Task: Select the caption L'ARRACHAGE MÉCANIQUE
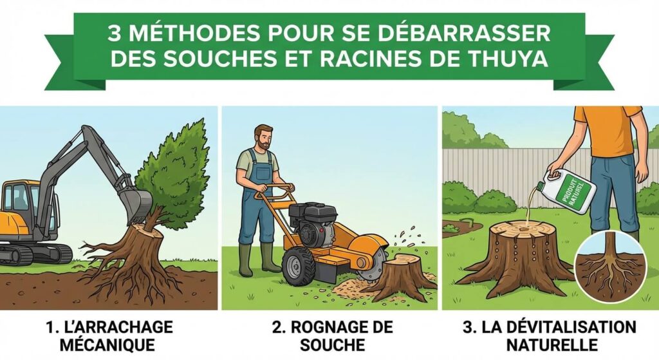pyautogui.click(x=110, y=336)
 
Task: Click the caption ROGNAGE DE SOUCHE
pyautogui.click(x=329, y=336)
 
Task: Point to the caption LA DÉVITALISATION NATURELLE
pyautogui.click(x=550, y=336)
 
